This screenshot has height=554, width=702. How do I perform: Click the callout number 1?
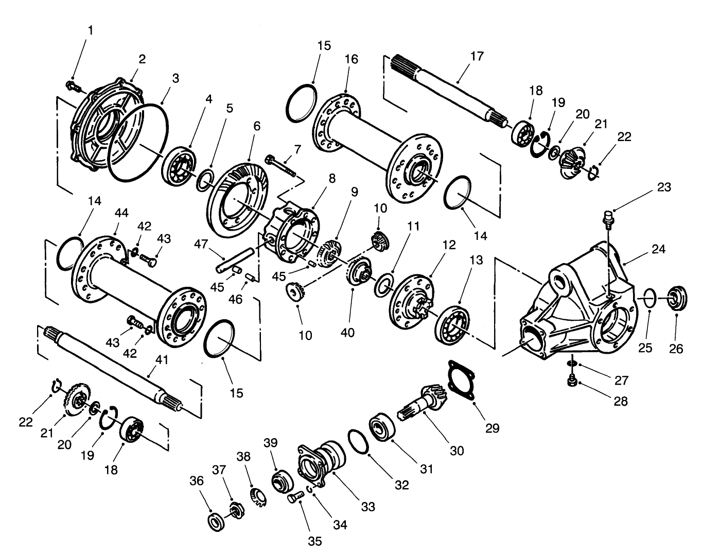tap(91, 30)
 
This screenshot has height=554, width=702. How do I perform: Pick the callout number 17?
tap(477, 56)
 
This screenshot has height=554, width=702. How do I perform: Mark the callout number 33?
tap(367, 506)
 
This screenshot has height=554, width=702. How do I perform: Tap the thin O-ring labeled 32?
tap(358, 441)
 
